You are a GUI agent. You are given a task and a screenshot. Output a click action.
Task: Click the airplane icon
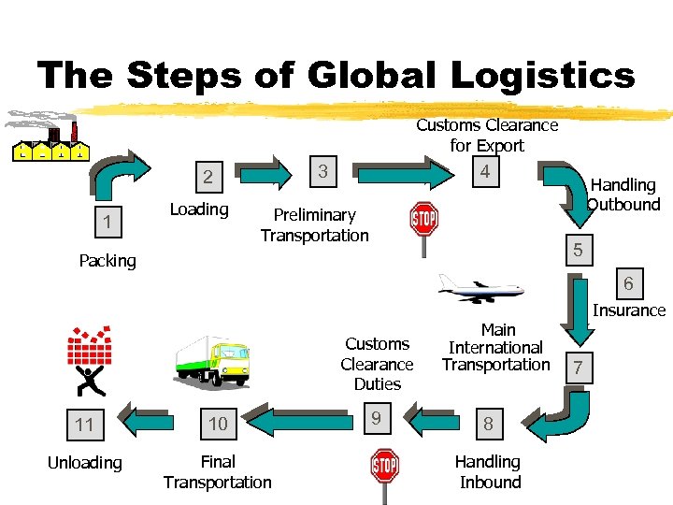pyautogui.click(x=480, y=290)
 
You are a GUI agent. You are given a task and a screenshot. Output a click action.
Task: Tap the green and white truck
pyautogui.click(x=212, y=360)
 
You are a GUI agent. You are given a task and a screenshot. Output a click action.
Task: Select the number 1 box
pyautogui.click(x=108, y=223)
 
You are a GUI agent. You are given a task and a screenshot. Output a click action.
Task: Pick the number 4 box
pyautogui.click(x=484, y=172)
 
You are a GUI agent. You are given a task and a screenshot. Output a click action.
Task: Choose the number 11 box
pyautogui.click(x=85, y=426)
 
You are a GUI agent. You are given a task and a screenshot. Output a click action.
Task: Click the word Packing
pyautogui.click(x=107, y=261)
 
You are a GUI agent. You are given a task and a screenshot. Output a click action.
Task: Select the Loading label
pyautogui.click(x=199, y=209)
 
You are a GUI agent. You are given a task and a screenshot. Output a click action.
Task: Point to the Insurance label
pyautogui.click(x=629, y=310)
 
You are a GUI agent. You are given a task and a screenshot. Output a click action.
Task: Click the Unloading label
pyautogui.click(x=85, y=463)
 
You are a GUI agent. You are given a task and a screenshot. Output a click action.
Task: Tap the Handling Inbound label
pyautogui.click(x=488, y=472)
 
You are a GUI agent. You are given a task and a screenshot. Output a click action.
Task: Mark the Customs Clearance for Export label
pyautogui.click(x=487, y=135)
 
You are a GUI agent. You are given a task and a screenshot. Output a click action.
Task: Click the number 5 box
pyautogui.click(x=578, y=250)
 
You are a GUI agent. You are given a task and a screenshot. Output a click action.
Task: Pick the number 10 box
pyautogui.click(x=218, y=424)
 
